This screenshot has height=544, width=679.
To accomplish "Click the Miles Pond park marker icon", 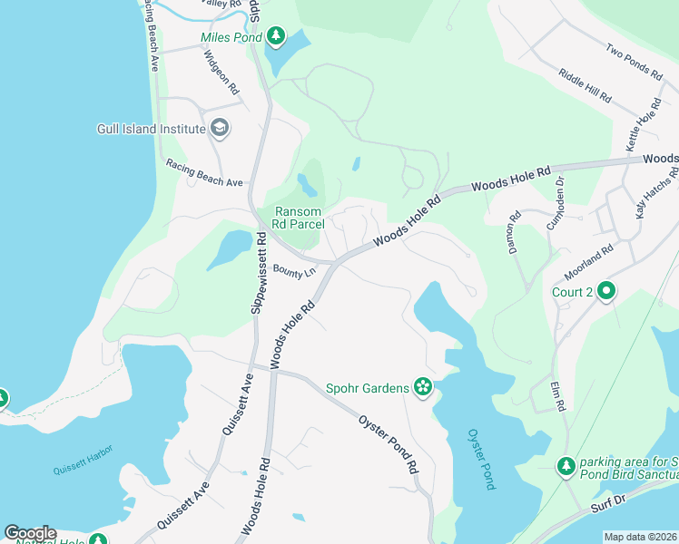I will coord(276,37).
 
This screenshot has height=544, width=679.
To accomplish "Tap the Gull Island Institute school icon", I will coord(218,128).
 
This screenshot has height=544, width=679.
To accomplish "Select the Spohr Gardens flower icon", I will coord(422,387).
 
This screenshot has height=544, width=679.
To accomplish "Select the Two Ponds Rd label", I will coord(633,63).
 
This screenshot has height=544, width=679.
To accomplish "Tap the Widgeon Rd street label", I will coord(221,73).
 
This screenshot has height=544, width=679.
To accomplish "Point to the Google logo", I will coord(30,533).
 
